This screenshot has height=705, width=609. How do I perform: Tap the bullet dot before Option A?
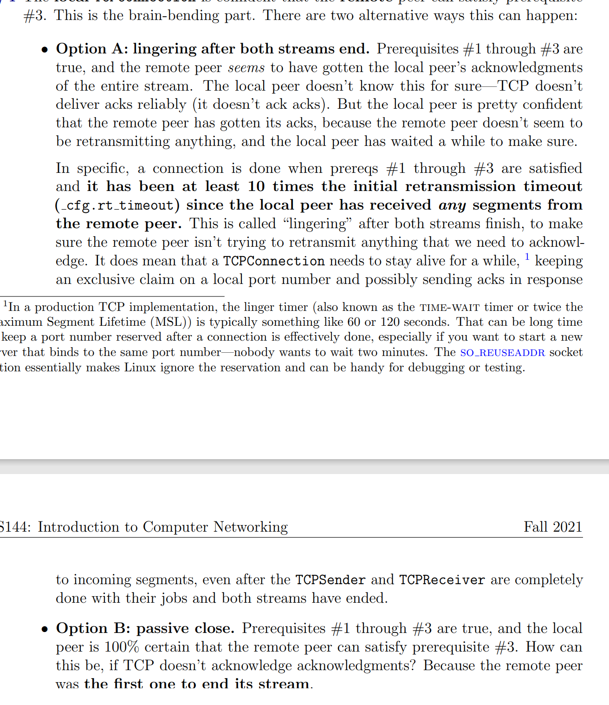point(45,50)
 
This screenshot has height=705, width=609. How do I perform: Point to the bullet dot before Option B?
point(45,630)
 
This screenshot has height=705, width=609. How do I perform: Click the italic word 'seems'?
point(246,68)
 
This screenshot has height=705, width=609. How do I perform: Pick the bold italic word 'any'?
point(452,205)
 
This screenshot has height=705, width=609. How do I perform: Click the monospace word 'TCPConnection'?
point(273,261)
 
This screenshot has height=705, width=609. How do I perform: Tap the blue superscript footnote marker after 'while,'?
point(527,257)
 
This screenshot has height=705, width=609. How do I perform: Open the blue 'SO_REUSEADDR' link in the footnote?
point(502,353)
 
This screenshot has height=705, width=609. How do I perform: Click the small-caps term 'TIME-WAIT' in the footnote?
point(449,308)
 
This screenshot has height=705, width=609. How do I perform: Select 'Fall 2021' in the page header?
point(552,527)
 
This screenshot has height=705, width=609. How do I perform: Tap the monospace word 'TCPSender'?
point(330,580)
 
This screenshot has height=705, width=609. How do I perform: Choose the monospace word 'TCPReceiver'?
point(442,580)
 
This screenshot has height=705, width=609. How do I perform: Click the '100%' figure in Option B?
point(122,647)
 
